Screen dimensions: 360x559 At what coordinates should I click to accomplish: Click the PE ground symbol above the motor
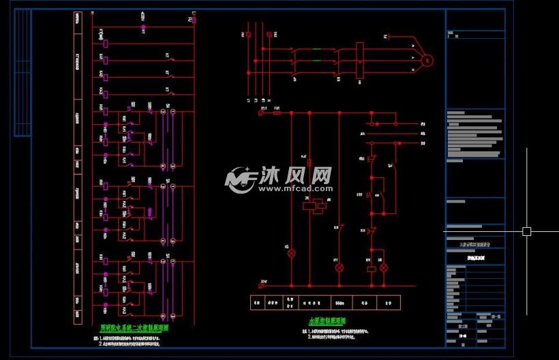coord(386,35)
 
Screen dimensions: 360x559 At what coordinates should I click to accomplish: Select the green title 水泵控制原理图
coord(327,320)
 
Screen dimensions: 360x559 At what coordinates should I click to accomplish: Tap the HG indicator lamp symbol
coord(291,253)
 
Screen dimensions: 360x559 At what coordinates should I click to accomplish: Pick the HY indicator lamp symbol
coord(339,268)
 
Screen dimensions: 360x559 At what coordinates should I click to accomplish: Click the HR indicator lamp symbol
coord(383,268)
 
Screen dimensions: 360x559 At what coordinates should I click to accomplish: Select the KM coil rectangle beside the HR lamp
coord(370,269)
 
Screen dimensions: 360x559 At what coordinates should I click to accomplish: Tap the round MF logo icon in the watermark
coord(241,179)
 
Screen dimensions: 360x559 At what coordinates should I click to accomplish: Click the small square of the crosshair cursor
coord(526,231)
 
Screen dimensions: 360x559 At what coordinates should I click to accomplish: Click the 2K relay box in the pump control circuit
coord(309,205)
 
